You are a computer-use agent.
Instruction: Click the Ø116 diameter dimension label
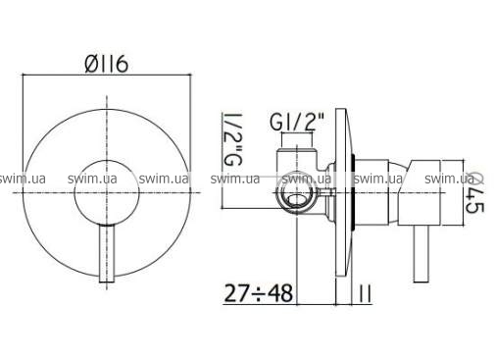(x=106, y=64)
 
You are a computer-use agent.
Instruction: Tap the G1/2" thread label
(x=297, y=122)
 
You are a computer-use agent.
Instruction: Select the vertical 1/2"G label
(x=232, y=139)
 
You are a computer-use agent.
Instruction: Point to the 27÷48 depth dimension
(x=258, y=293)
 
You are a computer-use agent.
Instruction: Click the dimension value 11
(x=365, y=293)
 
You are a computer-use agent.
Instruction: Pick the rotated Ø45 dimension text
(x=475, y=193)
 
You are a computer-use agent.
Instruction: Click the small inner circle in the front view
(x=107, y=192)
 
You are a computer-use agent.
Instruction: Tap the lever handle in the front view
(x=107, y=253)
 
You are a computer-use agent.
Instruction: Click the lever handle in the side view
(x=421, y=253)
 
